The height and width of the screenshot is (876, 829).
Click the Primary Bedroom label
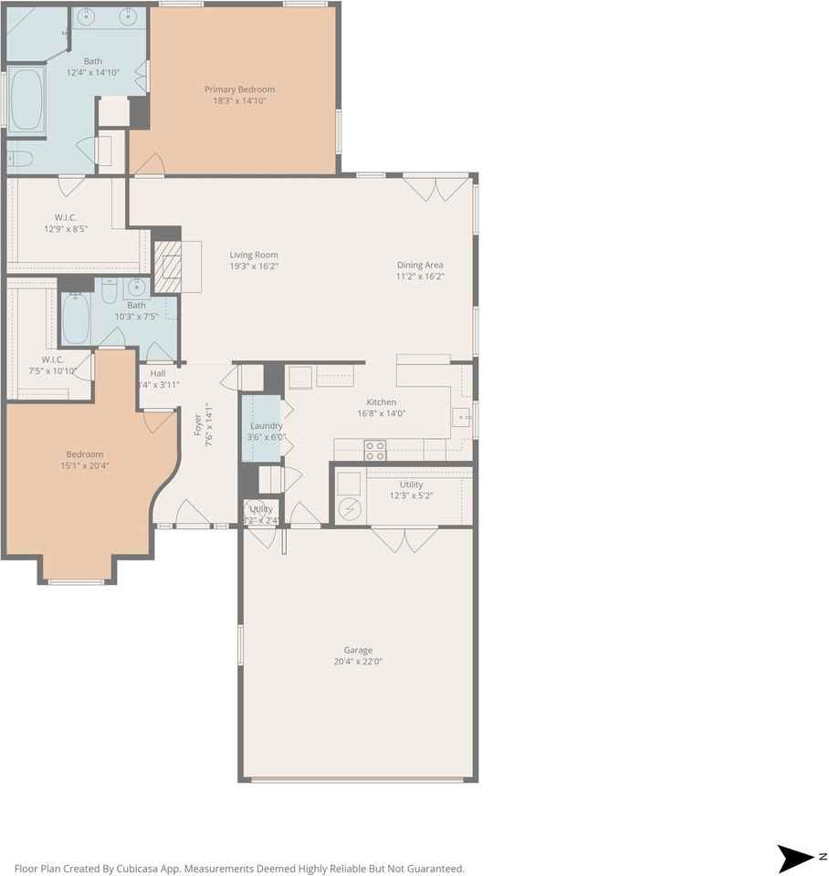click(239, 89)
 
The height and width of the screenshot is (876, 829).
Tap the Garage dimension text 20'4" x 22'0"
click(358, 662)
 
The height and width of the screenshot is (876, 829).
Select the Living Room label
click(253, 255)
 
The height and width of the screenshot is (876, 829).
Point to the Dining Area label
click(420, 266)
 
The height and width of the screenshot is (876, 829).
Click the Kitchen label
click(381, 402)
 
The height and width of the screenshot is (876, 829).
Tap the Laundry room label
click(266, 426)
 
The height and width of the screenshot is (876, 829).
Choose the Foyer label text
click(198, 425)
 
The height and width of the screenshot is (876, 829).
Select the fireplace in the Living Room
click(168, 266)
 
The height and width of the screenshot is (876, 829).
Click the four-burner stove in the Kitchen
click(375, 450)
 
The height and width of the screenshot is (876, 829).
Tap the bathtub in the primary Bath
click(26, 99)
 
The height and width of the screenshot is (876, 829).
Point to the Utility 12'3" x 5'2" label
click(411, 485)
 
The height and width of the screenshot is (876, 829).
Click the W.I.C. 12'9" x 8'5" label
click(65, 218)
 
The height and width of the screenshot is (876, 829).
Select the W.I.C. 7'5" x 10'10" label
click(52, 360)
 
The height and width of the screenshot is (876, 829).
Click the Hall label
click(158, 373)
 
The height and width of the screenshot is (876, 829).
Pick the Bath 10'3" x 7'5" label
click(136, 306)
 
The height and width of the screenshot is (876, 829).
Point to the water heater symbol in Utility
click(349, 508)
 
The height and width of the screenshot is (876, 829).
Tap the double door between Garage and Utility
click(404, 540)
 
